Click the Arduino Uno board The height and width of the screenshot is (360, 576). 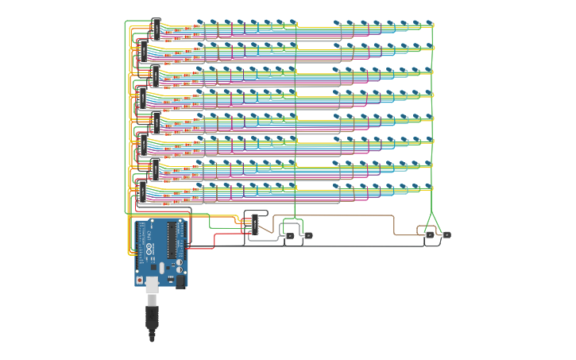tap(163, 250)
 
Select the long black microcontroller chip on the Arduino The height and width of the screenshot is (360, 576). tap(170, 246)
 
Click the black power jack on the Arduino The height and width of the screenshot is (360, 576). tap(180, 279)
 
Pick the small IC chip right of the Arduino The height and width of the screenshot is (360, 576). tap(255, 223)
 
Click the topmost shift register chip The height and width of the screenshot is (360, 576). tap(156, 29)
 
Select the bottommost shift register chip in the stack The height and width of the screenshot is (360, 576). tap(141, 191)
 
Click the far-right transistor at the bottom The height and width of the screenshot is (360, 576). tap(446, 235)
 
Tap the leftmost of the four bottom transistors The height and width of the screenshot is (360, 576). tap(289, 235)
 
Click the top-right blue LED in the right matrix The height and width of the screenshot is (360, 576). tap(430, 23)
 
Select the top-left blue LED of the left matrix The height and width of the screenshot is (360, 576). tap(200, 23)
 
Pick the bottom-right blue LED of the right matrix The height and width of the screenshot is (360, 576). tap(430, 187)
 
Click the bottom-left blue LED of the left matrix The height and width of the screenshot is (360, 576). tap(200, 187)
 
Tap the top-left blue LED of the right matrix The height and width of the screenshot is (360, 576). tap(337, 23)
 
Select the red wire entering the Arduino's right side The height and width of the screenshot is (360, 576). tap(203, 246)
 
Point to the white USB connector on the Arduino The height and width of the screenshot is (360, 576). tap(151, 281)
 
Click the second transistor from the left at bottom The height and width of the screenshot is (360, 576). tap(307, 235)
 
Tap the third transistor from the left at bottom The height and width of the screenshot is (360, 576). tap(430, 235)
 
